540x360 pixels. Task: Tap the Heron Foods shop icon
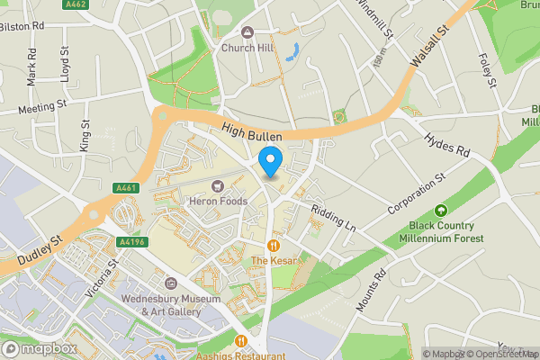(217, 186)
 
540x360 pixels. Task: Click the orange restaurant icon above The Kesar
(273, 245)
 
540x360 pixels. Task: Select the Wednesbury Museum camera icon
(171, 283)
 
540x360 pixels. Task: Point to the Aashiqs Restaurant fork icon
(241, 341)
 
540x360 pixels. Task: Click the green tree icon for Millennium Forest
(442, 211)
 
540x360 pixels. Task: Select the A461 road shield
(125, 188)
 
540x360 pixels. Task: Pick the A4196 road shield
(130, 241)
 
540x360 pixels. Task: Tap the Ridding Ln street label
(333, 217)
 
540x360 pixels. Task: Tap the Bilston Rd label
(22, 27)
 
